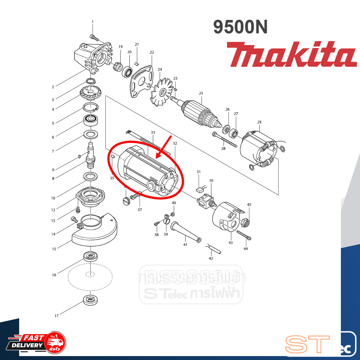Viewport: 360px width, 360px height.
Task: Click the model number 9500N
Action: tap(240, 27)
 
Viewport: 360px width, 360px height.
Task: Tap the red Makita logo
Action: tap(291, 55)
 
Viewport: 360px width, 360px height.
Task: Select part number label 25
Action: tap(201, 93)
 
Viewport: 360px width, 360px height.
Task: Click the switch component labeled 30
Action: tap(206, 201)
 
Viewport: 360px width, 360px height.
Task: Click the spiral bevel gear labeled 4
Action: tap(90, 93)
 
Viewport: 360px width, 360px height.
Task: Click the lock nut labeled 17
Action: tap(91, 300)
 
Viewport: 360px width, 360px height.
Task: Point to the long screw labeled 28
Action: tap(225, 139)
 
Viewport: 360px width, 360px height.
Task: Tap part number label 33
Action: tap(153, 132)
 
